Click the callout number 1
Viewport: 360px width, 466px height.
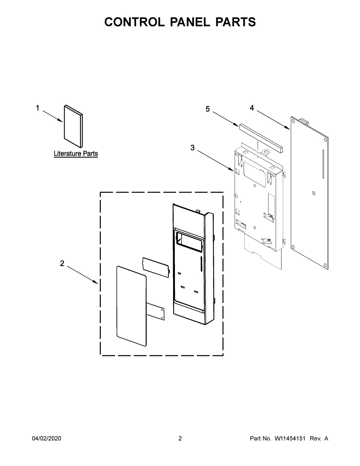pos(37,108)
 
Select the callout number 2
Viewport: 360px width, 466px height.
pos(62,263)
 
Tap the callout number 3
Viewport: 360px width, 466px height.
pos(192,148)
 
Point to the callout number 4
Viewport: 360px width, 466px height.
pos(252,108)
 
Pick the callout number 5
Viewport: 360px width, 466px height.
pos(208,109)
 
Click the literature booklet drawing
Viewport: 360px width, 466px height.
pos(73,126)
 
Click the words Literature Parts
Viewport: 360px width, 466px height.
pos(76,154)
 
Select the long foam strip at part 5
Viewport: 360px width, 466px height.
pos(261,137)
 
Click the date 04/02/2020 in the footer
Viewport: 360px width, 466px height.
pos(46,439)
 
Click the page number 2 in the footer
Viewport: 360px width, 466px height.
pos(180,439)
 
